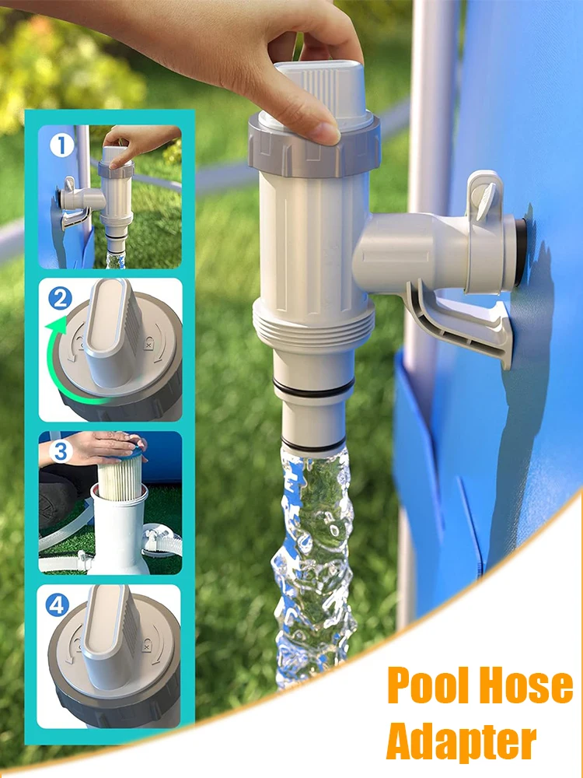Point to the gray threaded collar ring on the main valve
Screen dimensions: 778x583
coord(315,145)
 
